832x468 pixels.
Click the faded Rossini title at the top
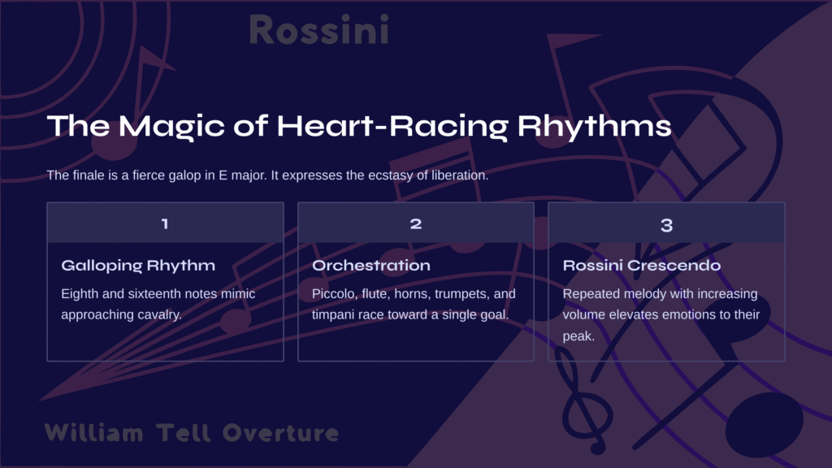point(318,30)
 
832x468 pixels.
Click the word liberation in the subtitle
point(460,175)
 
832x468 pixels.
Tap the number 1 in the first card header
point(165,224)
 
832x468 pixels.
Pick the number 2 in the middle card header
point(416,224)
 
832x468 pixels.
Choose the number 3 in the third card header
point(666,226)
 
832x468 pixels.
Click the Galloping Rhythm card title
point(138,266)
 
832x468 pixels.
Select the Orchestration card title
point(370,266)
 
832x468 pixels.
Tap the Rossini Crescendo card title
point(642,266)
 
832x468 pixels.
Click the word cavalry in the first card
point(159,315)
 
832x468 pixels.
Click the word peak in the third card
point(578,336)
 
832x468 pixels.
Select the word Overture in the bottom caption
point(280,433)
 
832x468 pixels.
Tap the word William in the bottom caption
point(94,433)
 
